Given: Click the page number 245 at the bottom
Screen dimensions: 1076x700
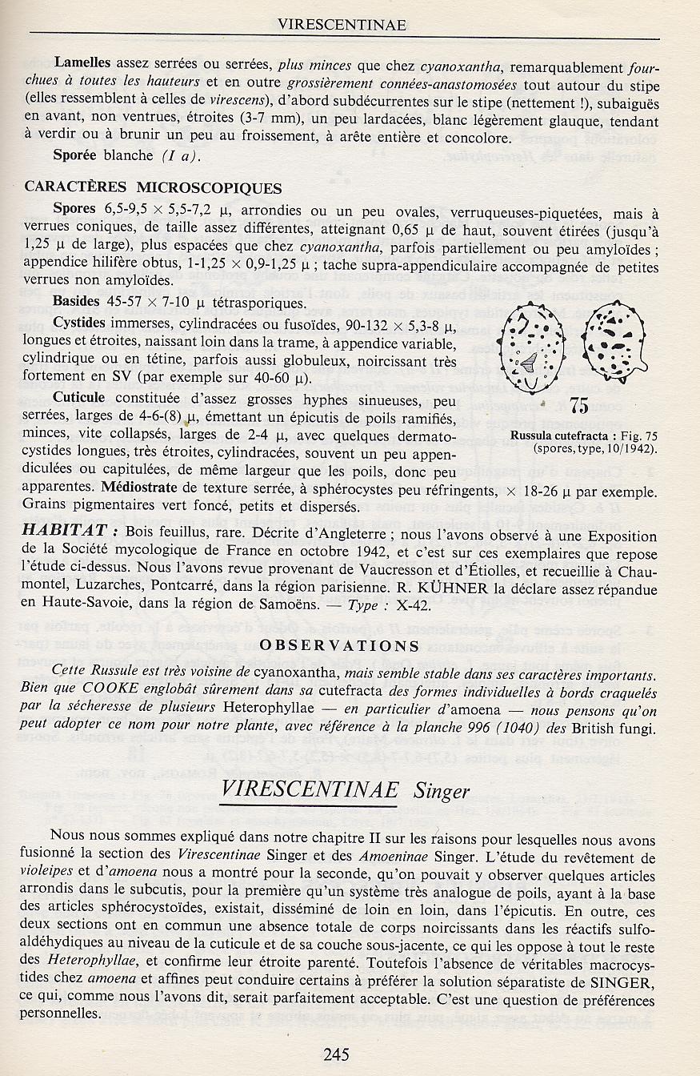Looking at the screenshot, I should pyautogui.click(x=336, y=1054).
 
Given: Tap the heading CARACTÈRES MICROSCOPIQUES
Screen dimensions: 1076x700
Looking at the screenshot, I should pyautogui.click(x=153, y=188).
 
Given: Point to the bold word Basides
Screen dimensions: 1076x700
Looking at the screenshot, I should pyautogui.click(x=78, y=303).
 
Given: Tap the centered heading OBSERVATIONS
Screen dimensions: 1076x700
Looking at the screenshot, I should pyautogui.click(x=340, y=645).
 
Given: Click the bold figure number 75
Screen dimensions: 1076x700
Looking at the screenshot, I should pyautogui.click(x=580, y=407).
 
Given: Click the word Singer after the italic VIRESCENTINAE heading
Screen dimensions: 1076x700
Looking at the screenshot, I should pyautogui.click(x=441, y=792).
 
